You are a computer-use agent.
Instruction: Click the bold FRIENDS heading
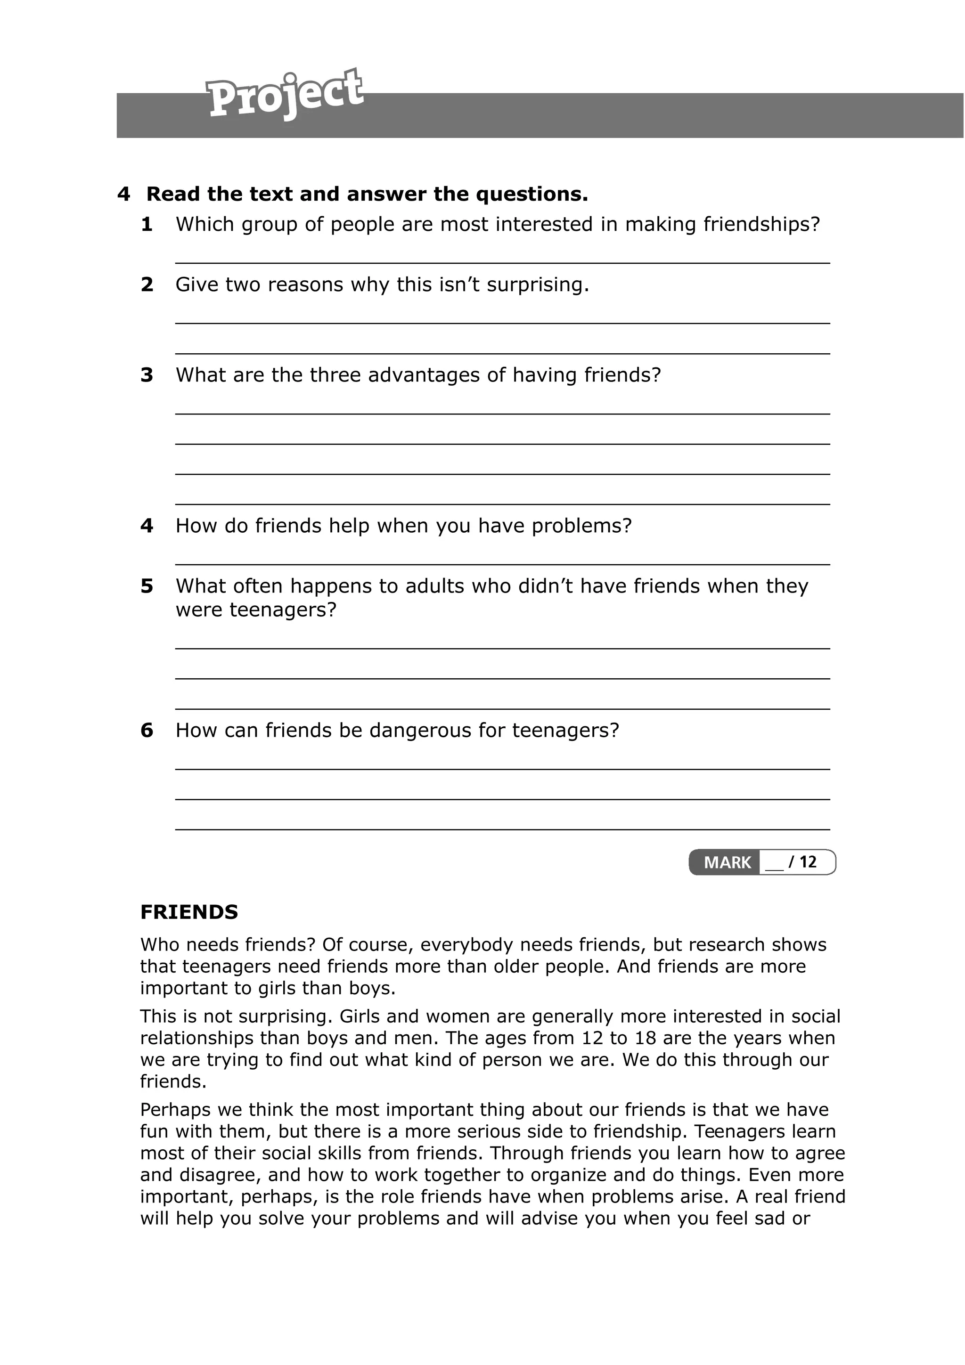point(189,912)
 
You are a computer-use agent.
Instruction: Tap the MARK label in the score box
point(727,862)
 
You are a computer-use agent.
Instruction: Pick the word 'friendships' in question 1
point(761,225)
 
